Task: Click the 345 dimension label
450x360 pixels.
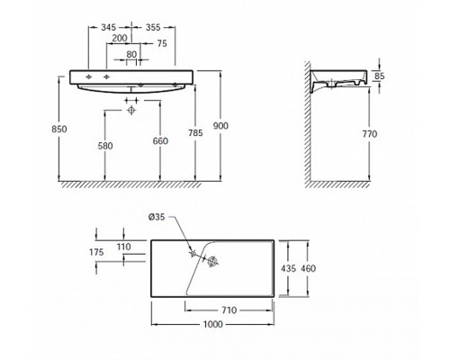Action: (x=108, y=28)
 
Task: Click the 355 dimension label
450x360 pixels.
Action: (x=153, y=28)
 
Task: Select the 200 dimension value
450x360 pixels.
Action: (x=120, y=38)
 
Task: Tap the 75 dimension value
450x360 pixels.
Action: (x=162, y=44)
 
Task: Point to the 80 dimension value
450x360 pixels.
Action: (x=131, y=54)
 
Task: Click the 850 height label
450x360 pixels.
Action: (x=59, y=130)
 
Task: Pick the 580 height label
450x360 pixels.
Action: (x=105, y=146)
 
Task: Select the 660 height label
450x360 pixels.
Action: (x=160, y=141)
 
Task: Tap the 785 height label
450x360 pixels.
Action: (x=195, y=132)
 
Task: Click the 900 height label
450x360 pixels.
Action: (x=220, y=126)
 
